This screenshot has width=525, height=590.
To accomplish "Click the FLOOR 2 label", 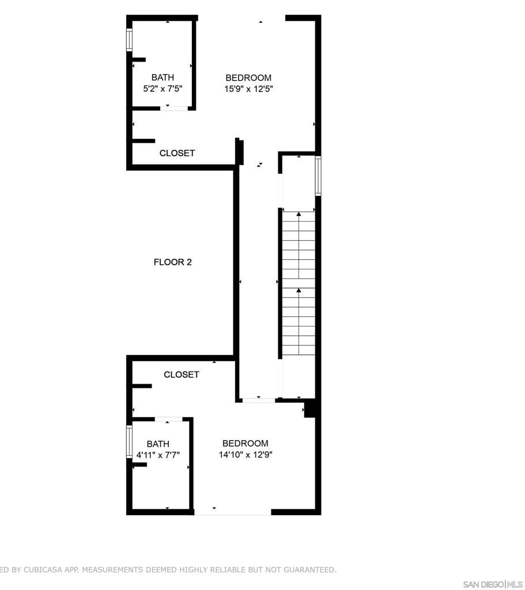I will tap(172, 262).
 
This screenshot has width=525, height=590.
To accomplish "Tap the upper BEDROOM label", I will tap(248, 78).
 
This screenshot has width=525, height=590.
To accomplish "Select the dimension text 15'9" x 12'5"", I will tap(248, 89).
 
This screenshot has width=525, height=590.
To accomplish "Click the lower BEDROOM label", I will tap(245, 443).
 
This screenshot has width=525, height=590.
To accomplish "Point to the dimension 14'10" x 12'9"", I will tap(245, 455).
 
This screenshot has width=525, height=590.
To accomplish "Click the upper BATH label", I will tap(163, 78).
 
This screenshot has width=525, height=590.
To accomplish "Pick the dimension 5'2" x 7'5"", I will tap(163, 89).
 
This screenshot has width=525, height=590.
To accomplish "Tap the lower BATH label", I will tap(158, 444).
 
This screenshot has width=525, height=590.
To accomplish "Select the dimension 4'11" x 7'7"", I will tap(158, 455).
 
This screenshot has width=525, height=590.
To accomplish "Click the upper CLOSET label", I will tap(177, 153).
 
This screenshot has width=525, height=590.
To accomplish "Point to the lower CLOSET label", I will tap(182, 375).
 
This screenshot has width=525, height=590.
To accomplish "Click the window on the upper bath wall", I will tap(130, 40).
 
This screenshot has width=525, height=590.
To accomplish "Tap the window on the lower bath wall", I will tap(130, 441).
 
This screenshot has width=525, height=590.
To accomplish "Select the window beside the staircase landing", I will tap(318, 176).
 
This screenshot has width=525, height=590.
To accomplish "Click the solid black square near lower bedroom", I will tap(310, 409).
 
